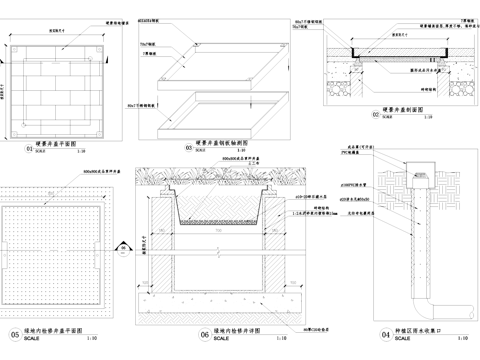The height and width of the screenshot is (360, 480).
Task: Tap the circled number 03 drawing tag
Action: [x=188, y=148]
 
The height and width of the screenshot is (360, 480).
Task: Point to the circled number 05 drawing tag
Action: [x=15, y=335]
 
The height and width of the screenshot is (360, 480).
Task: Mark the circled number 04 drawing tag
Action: [x=357, y=335]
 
